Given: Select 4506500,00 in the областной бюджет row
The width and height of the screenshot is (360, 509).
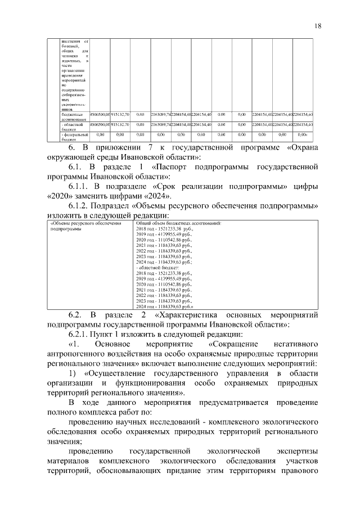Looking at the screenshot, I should click(x=100, y=124).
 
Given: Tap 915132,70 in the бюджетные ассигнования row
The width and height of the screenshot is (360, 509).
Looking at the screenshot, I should click(x=120, y=114).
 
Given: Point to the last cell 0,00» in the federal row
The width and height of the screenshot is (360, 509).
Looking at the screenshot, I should click(x=302, y=134).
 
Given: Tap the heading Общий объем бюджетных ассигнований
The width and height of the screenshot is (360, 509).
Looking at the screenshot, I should click(x=179, y=224).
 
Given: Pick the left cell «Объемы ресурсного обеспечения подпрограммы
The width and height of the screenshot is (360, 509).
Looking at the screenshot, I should click(x=85, y=227).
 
